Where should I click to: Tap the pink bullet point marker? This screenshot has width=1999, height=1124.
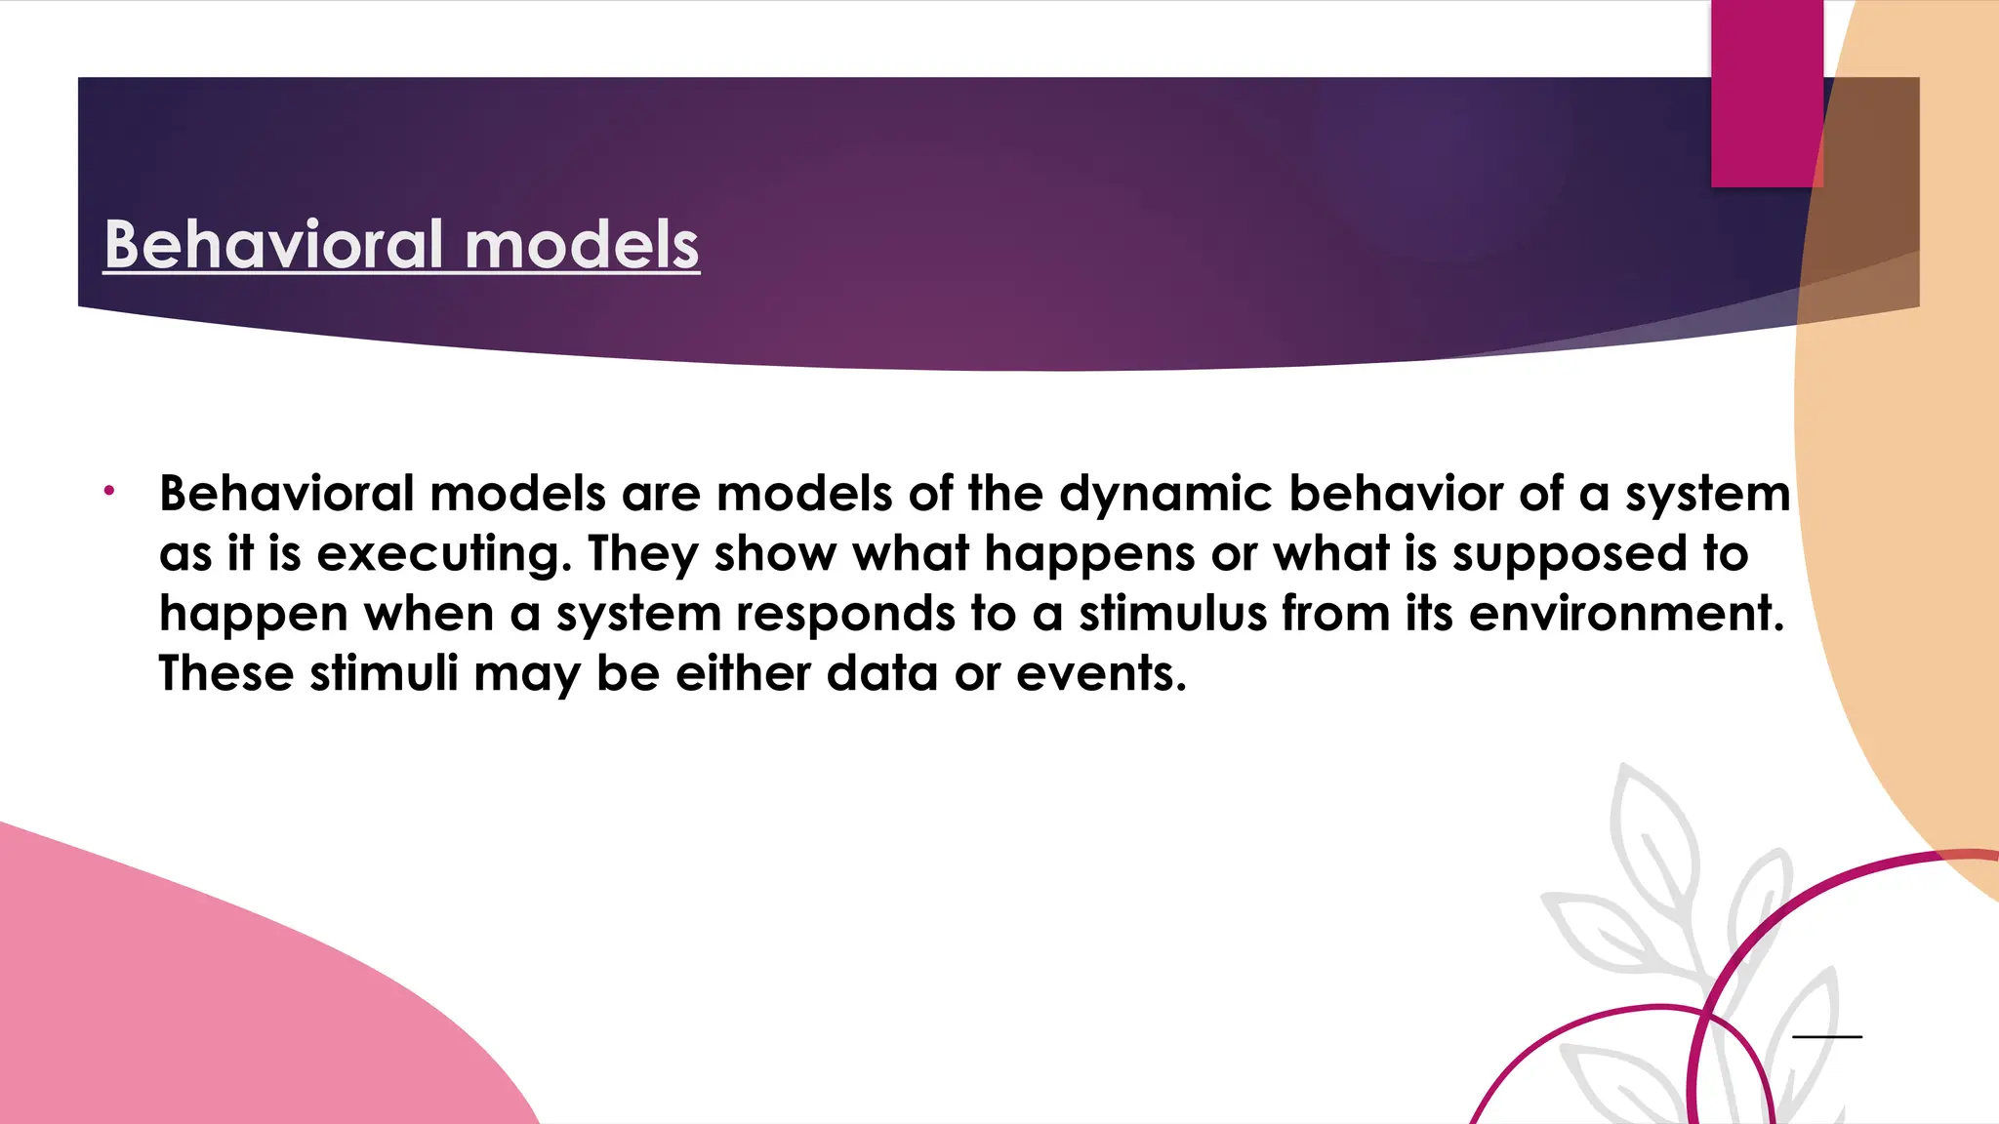point(110,490)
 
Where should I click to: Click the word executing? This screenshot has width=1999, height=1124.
point(444,554)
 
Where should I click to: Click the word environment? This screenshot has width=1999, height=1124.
point(1625,614)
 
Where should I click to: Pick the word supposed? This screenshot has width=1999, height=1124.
point(1571,554)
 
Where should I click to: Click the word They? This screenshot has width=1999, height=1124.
point(643,554)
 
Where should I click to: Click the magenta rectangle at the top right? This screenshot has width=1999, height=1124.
point(1767,93)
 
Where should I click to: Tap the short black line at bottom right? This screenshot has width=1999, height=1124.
point(1827,1036)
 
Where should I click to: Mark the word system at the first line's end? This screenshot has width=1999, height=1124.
point(1707,495)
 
